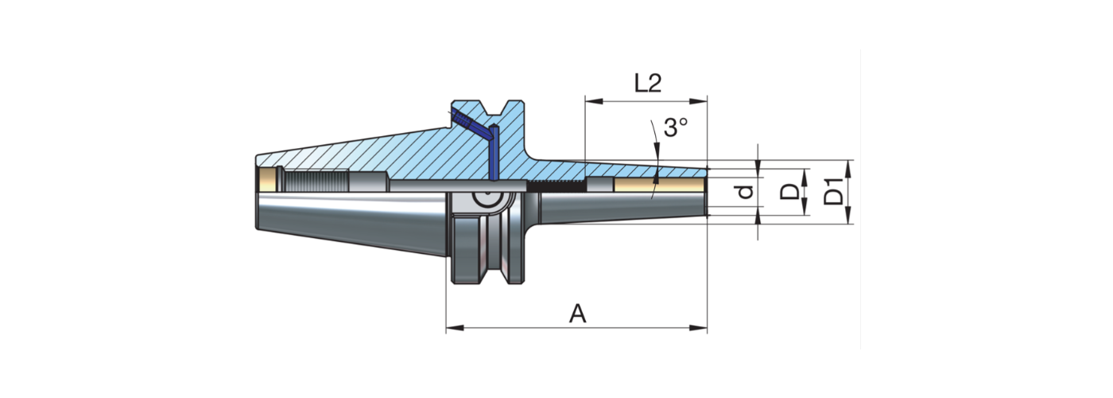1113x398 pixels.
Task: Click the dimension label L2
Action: pyautogui.click(x=648, y=84)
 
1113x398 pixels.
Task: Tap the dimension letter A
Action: pyautogui.click(x=578, y=314)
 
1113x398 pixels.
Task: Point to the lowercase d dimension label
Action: pyautogui.click(x=745, y=192)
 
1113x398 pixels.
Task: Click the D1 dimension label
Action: pyautogui.click(x=832, y=192)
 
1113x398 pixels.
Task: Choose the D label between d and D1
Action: pyautogui.click(x=789, y=192)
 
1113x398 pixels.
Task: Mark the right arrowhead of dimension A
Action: pyautogui.click(x=702, y=327)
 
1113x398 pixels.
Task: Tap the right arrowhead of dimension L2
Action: pyautogui.click(x=702, y=101)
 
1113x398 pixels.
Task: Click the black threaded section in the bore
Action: pyautogui.click(x=556, y=185)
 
